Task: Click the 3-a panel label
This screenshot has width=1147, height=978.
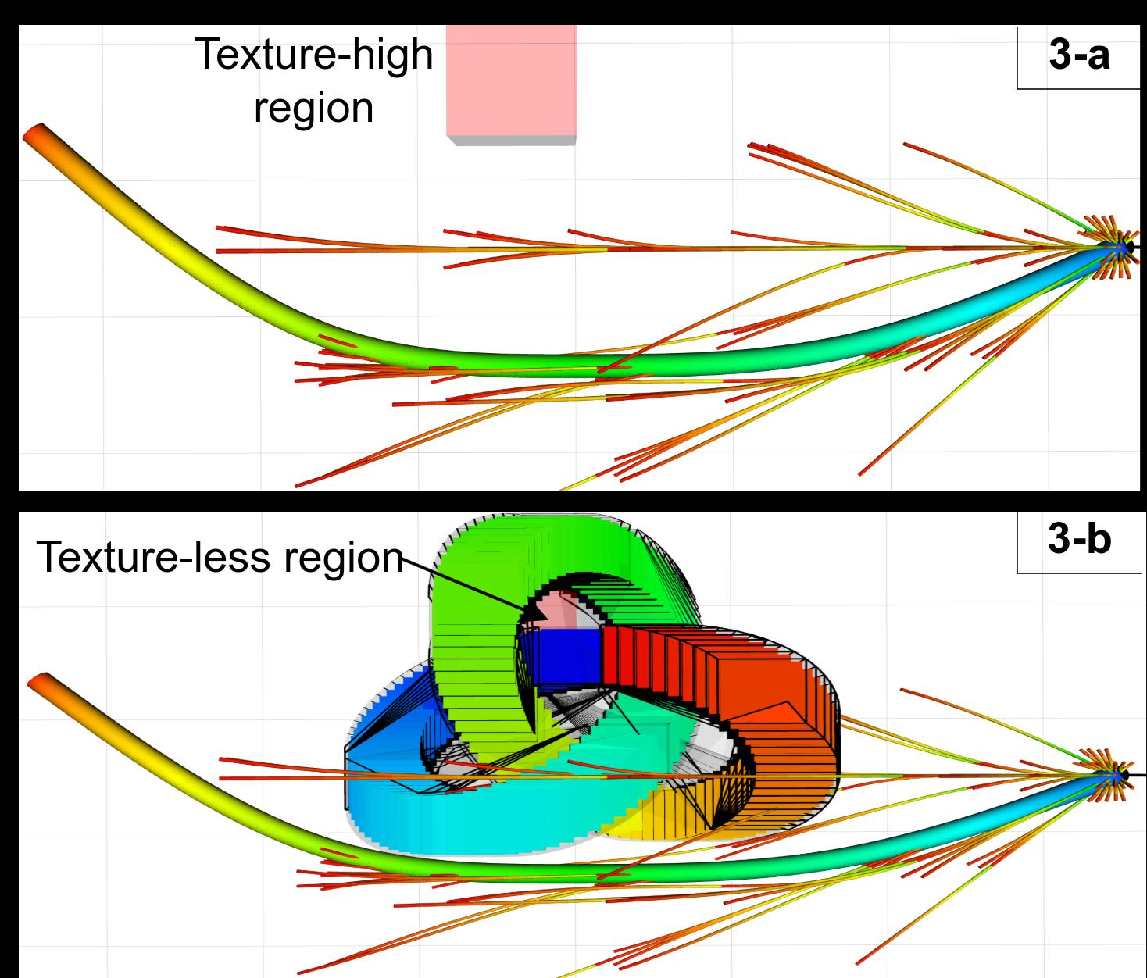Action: click(x=1079, y=57)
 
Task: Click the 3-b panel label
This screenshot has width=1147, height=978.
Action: click(x=1079, y=541)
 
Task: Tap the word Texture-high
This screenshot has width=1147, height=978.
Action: click(x=313, y=55)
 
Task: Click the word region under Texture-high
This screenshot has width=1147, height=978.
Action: click(x=313, y=108)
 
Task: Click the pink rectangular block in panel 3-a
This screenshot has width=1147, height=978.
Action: click(x=511, y=78)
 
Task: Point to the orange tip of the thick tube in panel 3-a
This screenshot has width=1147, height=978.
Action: click(x=35, y=135)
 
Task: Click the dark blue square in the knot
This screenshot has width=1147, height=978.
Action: click(x=569, y=654)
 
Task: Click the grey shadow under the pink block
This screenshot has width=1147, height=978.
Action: click(x=511, y=140)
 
